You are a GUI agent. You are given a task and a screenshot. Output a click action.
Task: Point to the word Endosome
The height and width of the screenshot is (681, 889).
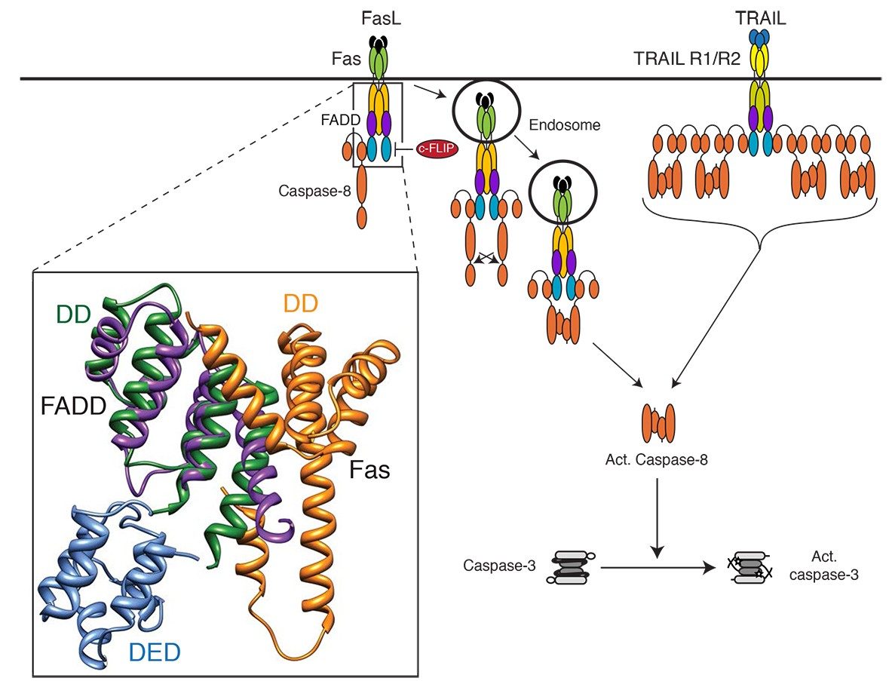565,125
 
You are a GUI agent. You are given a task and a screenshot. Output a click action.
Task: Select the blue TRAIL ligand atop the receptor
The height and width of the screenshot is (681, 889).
760,36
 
